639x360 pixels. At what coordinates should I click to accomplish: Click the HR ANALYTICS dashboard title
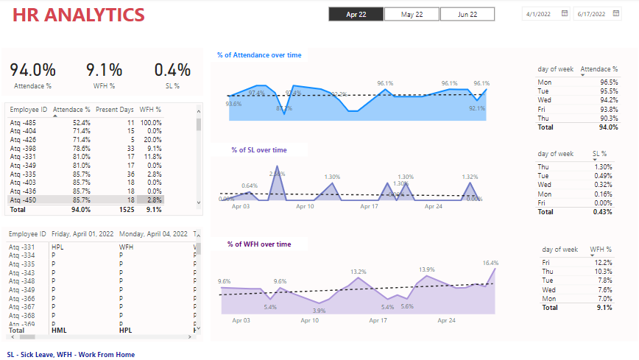79,15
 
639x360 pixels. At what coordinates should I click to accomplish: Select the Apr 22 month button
356,14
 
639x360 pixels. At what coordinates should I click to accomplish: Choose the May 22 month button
412,14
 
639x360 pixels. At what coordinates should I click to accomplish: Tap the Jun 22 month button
467,14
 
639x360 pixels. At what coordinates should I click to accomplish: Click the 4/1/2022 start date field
540,14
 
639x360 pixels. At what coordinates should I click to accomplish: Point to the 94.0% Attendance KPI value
32,70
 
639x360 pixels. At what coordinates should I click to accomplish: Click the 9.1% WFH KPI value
104,70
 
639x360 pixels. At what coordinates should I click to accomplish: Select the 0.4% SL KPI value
172,70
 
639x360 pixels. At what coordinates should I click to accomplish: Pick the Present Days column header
115,110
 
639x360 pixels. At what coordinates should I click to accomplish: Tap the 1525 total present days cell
126,210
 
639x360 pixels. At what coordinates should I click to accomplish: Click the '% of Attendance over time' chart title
259,55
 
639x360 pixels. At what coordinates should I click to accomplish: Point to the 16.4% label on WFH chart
490,263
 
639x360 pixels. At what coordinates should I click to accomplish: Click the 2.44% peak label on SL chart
277,174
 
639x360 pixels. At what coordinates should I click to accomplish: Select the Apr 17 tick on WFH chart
378,321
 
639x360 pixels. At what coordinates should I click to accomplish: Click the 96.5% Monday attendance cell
608,82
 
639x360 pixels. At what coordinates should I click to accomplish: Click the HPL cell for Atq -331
59,247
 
